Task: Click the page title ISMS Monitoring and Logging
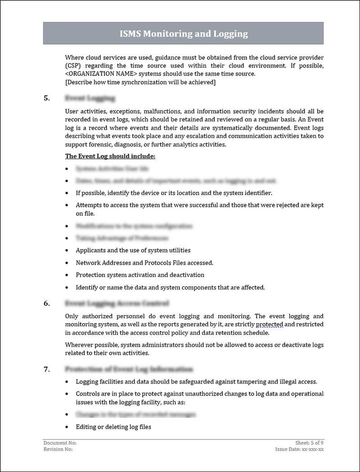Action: click(x=183, y=34)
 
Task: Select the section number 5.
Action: click(x=46, y=98)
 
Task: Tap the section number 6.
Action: click(x=46, y=303)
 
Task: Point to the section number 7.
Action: click(x=46, y=370)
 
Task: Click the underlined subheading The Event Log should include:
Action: click(x=110, y=156)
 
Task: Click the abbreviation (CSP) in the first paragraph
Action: click(x=73, y=66)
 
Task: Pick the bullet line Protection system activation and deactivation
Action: click(x=140, y=275)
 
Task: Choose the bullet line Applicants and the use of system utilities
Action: click(x=133, y=250)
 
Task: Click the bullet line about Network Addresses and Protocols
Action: click(x=144, y=263)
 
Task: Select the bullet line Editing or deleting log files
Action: click(x=113, y=427)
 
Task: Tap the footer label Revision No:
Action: click(x=58, y=449)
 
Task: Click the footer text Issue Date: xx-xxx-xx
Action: click(x=300, y=449)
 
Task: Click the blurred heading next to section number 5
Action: click(x=90, y=98)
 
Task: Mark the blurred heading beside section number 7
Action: click(x=129, y=370)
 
